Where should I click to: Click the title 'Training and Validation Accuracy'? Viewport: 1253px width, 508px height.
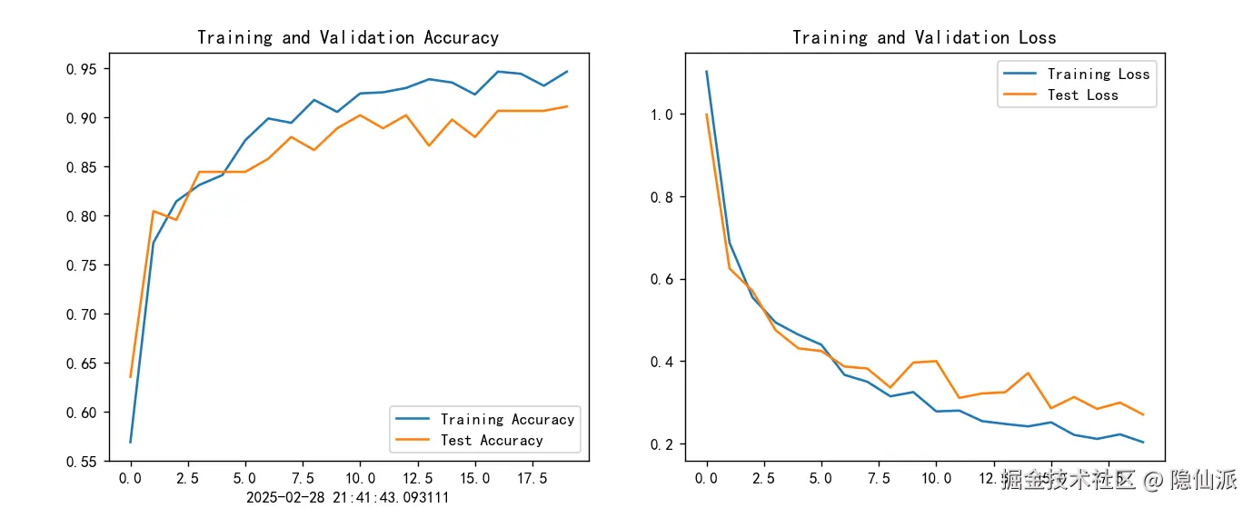click(348, 37)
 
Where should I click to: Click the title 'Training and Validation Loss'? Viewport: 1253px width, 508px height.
click(924, 37)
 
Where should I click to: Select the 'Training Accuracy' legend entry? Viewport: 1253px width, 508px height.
click(507, 419)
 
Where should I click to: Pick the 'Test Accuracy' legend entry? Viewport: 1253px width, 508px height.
click(492, 440)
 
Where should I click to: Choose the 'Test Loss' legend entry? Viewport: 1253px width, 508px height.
click(1082, 95)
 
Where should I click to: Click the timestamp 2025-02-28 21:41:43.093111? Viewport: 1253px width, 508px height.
click(347, 497)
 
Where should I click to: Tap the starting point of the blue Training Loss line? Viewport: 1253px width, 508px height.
click(706, 71)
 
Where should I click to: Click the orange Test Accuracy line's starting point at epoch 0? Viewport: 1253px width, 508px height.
click(131, 376)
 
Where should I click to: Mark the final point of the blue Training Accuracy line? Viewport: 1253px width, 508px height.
click(567, 71)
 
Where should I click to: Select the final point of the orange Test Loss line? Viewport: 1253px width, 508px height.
click(1143, 414)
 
